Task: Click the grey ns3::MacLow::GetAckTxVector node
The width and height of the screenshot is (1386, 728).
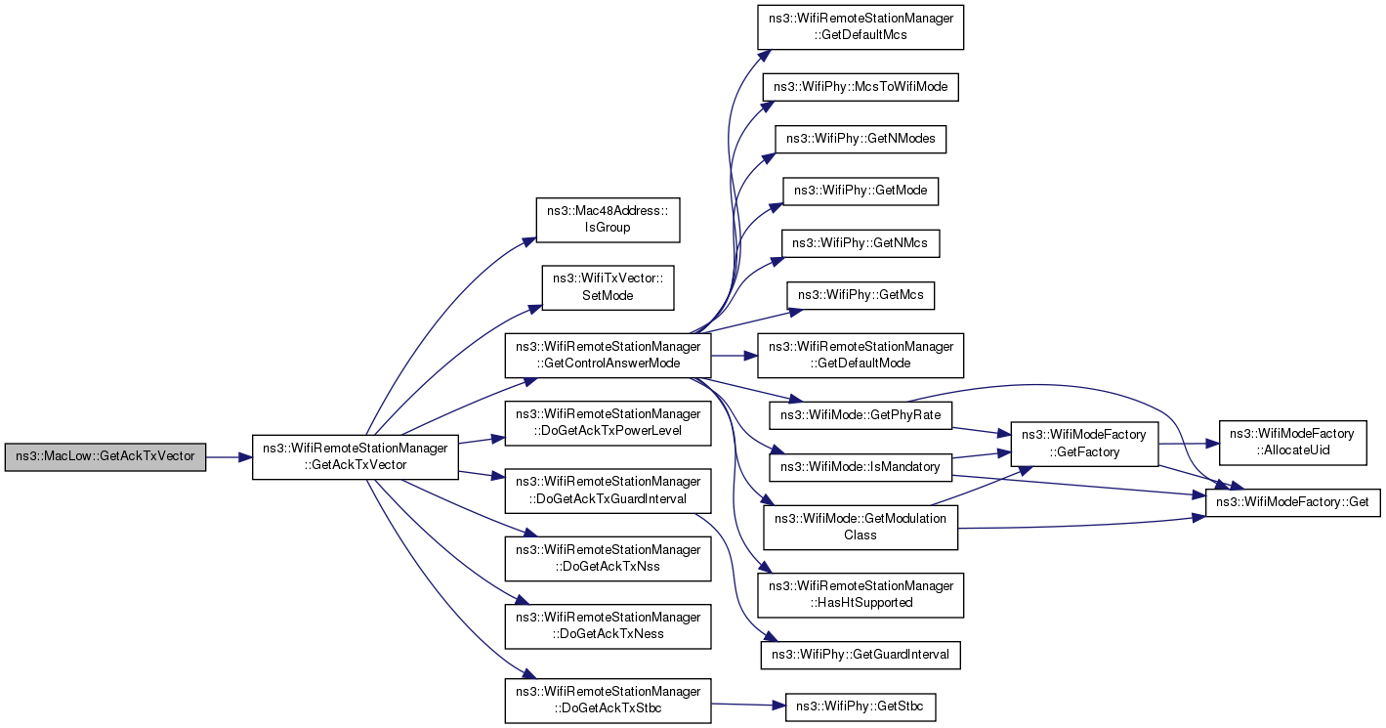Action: click(x=105, y=457)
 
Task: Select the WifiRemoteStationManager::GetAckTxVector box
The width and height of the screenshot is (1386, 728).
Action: click(x=356, y=457)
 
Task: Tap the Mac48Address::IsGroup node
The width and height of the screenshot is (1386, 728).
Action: click(x=608, y=220)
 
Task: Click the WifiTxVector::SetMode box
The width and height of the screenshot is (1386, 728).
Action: click(x=608, y=288)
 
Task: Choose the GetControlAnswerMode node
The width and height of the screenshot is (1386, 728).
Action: click(x=608, y=356)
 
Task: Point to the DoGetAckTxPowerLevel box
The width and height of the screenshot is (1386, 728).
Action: click(x=608, y=423)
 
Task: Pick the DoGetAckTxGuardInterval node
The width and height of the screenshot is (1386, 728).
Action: click(x=608, y=491)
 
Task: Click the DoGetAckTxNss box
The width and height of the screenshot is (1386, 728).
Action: click(x=608, y=558)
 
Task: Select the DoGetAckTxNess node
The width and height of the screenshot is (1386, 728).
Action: click(x=608, y=626)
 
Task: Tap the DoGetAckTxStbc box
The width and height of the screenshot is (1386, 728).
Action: click(x=608, y=701)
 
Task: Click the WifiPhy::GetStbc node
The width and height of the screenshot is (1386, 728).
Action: click(x=861, y=707)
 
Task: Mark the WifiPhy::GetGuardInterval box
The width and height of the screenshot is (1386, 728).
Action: click(x=861, y=655)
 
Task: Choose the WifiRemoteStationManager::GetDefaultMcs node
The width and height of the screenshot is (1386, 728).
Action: click(x=861, y=27)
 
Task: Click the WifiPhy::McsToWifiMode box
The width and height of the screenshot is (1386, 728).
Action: click(x=861, y=87)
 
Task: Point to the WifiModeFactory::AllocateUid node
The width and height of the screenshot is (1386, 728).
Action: click(x=1292, y=443)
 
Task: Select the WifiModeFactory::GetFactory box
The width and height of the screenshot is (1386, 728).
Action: click(x=1084, y=444)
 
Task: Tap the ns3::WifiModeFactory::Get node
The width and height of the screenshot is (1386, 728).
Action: click(x=1292, y=502)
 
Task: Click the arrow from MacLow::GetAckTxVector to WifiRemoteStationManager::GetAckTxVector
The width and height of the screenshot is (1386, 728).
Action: click(x=229, y=457)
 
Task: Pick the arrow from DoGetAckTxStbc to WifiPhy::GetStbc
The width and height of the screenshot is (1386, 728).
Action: click(x=748, y=705)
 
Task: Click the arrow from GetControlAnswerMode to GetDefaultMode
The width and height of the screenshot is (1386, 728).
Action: click(x=735, y=356)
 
